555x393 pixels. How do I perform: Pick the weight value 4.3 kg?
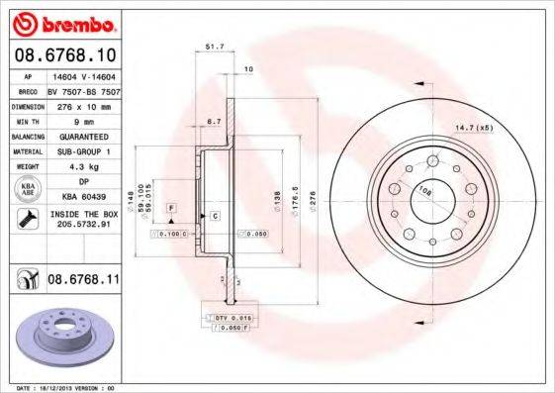(79, 166)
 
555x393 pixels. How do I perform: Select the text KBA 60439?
(79, 197)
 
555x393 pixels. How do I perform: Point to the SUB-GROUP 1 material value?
(79, 150)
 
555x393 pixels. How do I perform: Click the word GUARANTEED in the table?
(79, 136)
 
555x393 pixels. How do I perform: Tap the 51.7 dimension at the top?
(211, 47)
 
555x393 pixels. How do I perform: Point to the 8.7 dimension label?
(213, 121)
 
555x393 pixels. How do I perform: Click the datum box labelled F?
(171, 207)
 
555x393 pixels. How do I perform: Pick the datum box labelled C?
(214, 215)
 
